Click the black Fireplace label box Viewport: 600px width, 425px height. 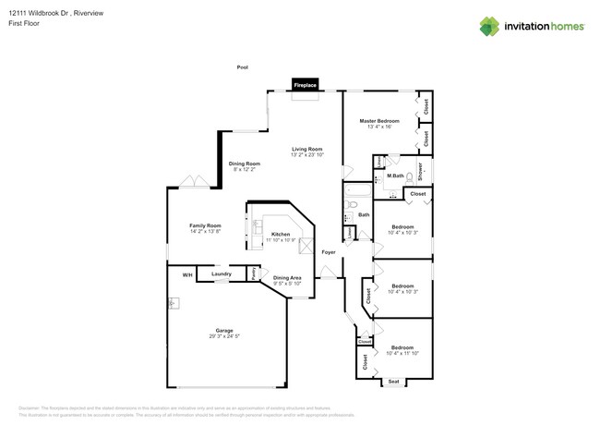(x=306, y=85)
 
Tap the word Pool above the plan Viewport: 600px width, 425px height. (x=243, y=67)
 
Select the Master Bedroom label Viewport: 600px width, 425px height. (x=379, y=121)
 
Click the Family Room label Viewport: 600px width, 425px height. (x=205, y=225)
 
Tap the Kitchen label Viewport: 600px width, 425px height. (x=281, y=235)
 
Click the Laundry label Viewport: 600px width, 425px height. (x=221, y=274)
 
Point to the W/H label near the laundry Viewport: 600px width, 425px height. (x=186, y=274)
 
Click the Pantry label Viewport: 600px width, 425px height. (x=253, y=273)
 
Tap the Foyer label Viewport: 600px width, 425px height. (x=328, y=251)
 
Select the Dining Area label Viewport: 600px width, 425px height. (x=287, y=278)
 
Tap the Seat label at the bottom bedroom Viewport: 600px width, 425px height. (x=393, y=381)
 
